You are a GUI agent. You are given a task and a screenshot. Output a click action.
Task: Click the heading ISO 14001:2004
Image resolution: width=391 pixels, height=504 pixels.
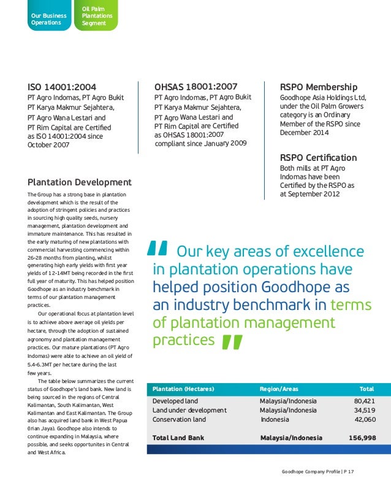click(x=62, y=87)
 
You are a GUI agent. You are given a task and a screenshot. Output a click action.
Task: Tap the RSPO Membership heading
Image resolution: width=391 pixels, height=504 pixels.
click(x=318, y=87)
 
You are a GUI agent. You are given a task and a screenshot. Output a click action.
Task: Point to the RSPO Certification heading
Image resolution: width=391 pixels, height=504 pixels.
click(x=318, y=158)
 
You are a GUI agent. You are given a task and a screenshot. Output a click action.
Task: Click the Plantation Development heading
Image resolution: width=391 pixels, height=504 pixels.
click(x=80, y=182)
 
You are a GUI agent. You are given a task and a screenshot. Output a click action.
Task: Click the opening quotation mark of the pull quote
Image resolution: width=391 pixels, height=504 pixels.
click(x=158, y=249)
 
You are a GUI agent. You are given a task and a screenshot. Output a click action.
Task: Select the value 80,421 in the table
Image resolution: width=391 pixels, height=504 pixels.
click(x=365, y=401)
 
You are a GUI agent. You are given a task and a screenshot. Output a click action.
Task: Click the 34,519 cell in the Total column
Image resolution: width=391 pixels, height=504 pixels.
click(x=365, y=410)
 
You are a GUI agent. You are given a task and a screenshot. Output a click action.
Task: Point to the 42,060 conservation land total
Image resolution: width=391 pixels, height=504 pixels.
click(x=365, y=419)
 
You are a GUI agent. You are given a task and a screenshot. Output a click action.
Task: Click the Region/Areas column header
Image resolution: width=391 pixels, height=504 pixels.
click(x=279, y=389)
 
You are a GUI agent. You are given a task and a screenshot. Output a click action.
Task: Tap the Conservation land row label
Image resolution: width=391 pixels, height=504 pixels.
click(x=179, y=419)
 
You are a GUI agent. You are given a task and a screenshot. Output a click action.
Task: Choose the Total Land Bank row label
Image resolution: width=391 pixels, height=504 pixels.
click(x=178, y=438)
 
